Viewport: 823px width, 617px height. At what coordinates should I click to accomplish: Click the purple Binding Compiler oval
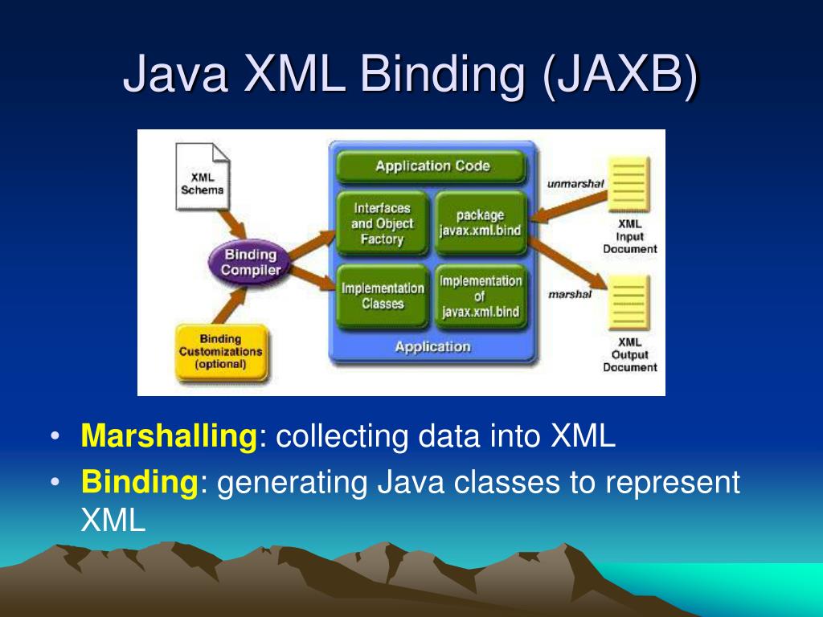pos(251,263)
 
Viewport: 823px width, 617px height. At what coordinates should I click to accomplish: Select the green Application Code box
pos(432,166)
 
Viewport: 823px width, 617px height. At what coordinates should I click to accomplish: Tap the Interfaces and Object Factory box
pos(382,223)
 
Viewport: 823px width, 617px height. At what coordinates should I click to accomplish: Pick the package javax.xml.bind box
pos(480,223)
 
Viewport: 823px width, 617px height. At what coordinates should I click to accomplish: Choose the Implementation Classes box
pos(382,296)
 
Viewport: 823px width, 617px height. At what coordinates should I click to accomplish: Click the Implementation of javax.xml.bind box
pos(480,296)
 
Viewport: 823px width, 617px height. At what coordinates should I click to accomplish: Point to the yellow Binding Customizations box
pos(220,352)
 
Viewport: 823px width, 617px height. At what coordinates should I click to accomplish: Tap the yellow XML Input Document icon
pos(629,184)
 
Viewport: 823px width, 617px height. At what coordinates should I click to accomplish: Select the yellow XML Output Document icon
pos(629,303)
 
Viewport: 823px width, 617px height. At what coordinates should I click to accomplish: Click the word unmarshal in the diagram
pos(575,184)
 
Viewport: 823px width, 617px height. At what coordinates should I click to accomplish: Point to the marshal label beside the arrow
pos(570,294)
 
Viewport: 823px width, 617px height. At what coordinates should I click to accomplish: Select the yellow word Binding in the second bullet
pos(139,483)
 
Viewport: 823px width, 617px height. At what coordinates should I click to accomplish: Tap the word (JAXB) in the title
pos(620,74)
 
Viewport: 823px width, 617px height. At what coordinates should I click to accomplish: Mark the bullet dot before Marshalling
pos(55,437)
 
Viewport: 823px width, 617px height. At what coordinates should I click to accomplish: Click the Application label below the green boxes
pos(432,346)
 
